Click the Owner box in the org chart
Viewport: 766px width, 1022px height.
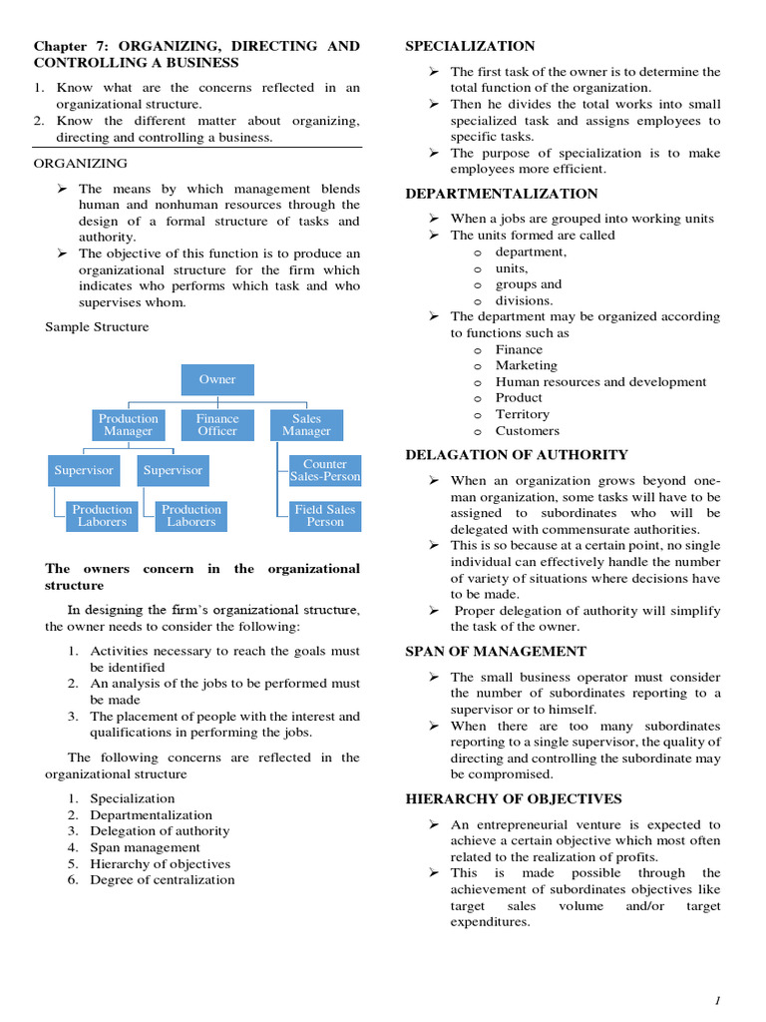click(217, 379)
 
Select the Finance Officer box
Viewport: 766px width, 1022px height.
click(217, 425)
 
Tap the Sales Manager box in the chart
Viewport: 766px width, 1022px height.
click(306, 425)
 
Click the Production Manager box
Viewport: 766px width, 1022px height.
click(128, 425)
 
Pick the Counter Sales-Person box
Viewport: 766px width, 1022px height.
click(325, 470)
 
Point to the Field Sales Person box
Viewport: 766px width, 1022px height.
click(325, 516)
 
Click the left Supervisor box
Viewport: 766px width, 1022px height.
click(84, 470)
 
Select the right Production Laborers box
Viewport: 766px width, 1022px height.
click(191, 516)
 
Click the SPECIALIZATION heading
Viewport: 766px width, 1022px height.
click(470, 46)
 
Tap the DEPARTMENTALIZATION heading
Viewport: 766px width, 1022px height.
click(502, 194)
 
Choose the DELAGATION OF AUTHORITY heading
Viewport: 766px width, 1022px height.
click(517, 455)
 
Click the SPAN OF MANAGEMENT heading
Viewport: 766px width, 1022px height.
click(496, 652)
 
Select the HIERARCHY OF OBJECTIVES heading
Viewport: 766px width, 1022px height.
click(514, 799)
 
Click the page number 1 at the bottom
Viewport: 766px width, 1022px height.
click(716, 1001)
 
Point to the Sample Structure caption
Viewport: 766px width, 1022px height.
click(97, 327)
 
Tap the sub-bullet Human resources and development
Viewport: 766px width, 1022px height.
click(600, 382)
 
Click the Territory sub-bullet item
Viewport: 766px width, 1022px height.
click(523, 414)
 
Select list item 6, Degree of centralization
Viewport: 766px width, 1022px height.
click(163, 880)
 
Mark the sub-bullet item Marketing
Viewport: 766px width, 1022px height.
click(527, 365)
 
